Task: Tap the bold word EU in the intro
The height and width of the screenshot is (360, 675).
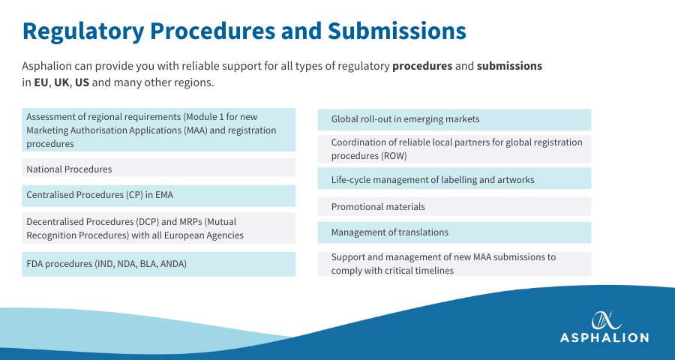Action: (41, 82)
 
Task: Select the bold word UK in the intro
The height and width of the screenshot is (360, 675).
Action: (61, 82)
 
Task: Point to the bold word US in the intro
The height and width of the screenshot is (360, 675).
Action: (82, 82)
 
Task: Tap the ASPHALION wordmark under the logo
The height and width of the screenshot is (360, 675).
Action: (604, 337)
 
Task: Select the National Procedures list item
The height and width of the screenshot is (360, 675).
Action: (69, 169)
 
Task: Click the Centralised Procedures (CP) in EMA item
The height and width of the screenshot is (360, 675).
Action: (100, 195)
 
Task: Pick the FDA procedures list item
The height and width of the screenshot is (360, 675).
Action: (106, 264)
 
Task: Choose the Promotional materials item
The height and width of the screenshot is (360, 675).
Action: (378, 207)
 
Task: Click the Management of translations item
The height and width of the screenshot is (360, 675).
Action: (390, 232)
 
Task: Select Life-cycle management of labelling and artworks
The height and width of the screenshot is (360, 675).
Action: (433, 180)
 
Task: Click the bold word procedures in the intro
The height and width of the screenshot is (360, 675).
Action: (422, 66)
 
